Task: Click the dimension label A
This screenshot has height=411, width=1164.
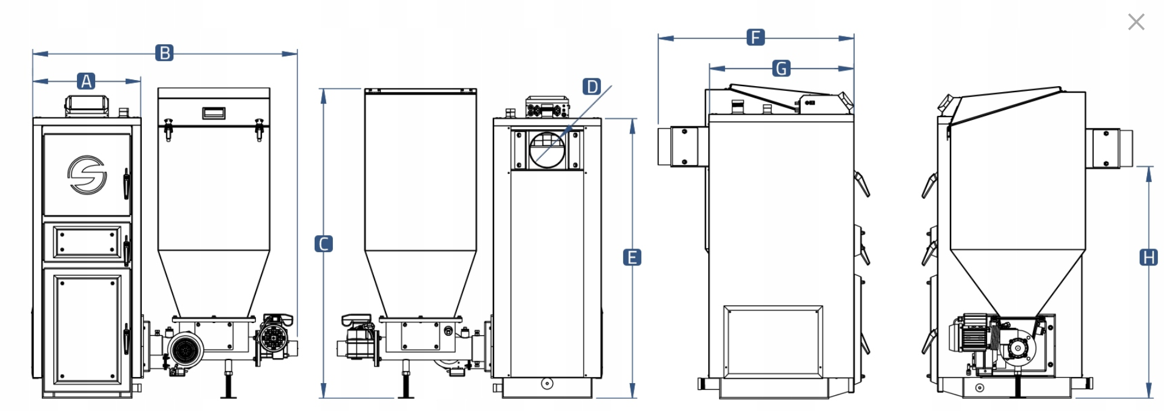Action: point(86,81)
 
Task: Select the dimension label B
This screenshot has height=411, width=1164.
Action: point(164,53)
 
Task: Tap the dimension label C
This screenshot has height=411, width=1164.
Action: point(324,244)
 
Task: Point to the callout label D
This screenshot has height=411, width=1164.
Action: point(592,86)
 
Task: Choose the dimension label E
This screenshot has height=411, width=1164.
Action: point(632,257)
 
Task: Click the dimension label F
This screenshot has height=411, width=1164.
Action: point(755,37)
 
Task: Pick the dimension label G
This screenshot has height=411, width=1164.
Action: point(781,68)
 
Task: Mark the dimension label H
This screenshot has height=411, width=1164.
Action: point(1148,257)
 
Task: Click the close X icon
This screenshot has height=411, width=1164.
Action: point(1136,22)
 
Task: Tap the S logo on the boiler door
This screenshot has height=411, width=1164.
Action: point(87,175)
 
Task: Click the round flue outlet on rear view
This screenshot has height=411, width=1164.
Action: point(547,149)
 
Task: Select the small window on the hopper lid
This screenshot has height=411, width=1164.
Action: point(213,113)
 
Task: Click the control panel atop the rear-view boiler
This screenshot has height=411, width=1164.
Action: point(547,108)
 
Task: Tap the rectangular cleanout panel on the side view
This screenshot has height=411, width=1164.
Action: point(773,341)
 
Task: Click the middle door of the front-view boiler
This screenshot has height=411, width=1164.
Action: point(87,241)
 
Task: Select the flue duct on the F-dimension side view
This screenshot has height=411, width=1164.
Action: point(682,146)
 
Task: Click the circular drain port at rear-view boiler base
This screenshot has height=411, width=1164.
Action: point(547,383)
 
